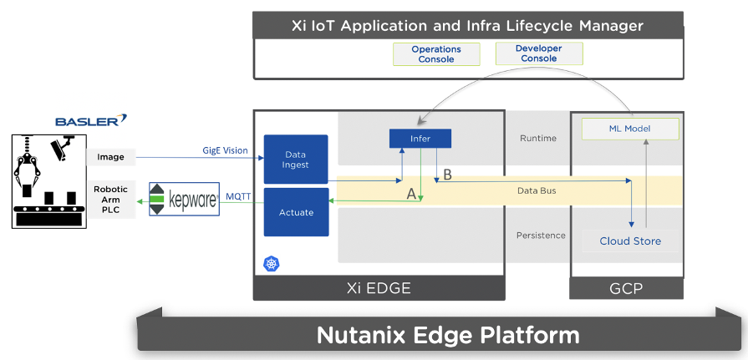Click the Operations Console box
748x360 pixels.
point(436,54)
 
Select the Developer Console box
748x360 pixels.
point(538,53)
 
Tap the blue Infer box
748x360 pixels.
point(420,139)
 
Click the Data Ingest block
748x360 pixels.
point(296,160)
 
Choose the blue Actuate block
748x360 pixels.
point(296,212)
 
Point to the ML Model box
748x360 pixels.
point(630,129)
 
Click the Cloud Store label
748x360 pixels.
point(630,241)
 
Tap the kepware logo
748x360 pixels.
point(184,200)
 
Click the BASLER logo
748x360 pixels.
point(91,121)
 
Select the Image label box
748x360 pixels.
point(110,157)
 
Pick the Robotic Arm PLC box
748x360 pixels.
point(110,200)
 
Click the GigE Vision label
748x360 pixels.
point(225,150)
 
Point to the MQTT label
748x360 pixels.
point(239,197)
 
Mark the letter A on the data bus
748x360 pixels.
point(411,193)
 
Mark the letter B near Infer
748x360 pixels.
point(447,175)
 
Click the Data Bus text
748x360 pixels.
point(536,190)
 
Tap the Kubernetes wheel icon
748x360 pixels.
point(271,264)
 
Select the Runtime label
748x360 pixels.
point(537,138)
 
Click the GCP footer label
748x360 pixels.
point(627,288)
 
